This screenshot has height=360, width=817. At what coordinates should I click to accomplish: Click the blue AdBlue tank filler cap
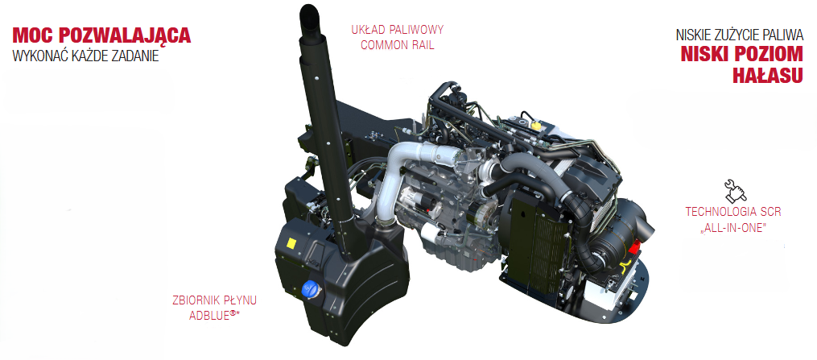(310, 289)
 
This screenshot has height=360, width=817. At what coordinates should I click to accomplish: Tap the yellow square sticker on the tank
(291, 243)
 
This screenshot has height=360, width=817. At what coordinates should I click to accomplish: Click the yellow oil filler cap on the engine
(535, 126)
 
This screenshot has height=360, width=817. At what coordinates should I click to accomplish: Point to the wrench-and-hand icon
(735, 191)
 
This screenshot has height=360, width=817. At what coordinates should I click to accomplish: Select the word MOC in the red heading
(33, 35)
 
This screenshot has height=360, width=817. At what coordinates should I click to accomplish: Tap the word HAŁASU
(768, 76)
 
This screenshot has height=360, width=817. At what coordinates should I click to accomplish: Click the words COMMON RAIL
(397, 45)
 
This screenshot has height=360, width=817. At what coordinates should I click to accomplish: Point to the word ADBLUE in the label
(209, 315)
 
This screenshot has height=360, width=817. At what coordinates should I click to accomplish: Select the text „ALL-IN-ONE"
(733, 228)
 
